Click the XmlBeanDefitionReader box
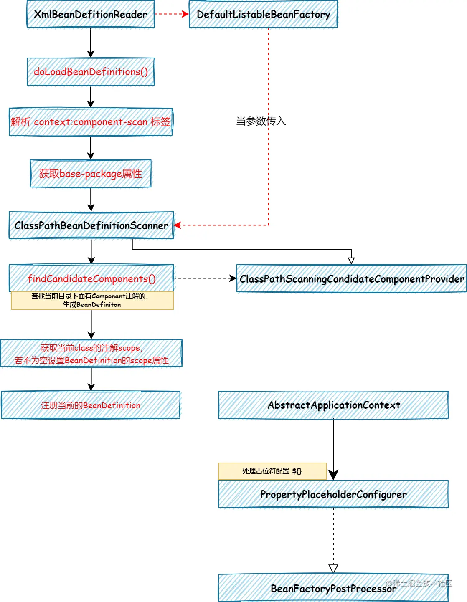pos(91,14)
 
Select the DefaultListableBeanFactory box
pos(263,14)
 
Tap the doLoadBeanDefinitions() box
pos(91,72)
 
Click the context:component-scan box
pos(91,122)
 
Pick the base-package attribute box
pos(91,174)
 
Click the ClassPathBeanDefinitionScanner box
pos(91,225)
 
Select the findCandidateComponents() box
pos(91,278)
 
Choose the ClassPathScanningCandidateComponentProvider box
pos(351,278)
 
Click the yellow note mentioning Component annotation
pos(92,300)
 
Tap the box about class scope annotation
pos(91,354)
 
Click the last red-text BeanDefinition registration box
pos(91,405)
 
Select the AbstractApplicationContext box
pos(333,405)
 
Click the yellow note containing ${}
pos(272,471)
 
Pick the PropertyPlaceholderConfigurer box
pos(333,494)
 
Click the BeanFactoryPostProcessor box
pos(333,588)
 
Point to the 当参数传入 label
pos(261,121)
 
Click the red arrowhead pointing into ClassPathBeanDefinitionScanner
pos(178,225)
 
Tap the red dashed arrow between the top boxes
pos(171,14)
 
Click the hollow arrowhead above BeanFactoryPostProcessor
pos(333,569)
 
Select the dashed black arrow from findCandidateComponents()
pos(205,278)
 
